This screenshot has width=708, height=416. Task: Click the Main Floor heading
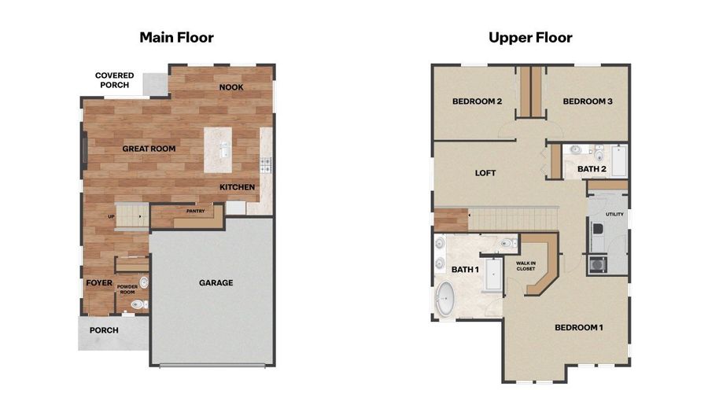[x=176, y=38]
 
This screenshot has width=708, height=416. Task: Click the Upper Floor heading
[x=530, y=38]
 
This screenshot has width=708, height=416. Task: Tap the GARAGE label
[x=216, y=283]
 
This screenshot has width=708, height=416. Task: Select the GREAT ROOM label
[x=149, y=149]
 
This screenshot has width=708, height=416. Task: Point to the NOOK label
[x=231, y=87]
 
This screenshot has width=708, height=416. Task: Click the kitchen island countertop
[x=218, y=149]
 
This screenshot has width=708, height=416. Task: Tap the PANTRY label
[x=196, y=211]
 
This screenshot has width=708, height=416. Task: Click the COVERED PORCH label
[x=114, y=80]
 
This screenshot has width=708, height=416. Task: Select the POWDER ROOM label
[x=127, y=289]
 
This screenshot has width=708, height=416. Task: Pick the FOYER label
[x=99, y=283]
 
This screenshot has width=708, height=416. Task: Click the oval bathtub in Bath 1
[x=446, y=299]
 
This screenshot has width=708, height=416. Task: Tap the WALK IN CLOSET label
[x=526, y=266]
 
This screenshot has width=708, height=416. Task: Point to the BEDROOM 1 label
[x=579, y=328]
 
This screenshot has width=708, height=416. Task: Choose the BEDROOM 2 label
[x=478, y=101]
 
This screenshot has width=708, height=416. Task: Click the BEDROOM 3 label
[x=588, y=101]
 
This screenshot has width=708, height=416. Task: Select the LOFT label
[x=485, y=173]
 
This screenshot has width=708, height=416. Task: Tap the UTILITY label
[x=614, y=215]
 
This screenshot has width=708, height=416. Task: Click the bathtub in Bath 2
[x=619, y=160]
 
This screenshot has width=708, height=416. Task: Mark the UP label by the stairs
[x=111, y=216]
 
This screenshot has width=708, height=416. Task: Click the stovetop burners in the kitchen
[x=266, y=165]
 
